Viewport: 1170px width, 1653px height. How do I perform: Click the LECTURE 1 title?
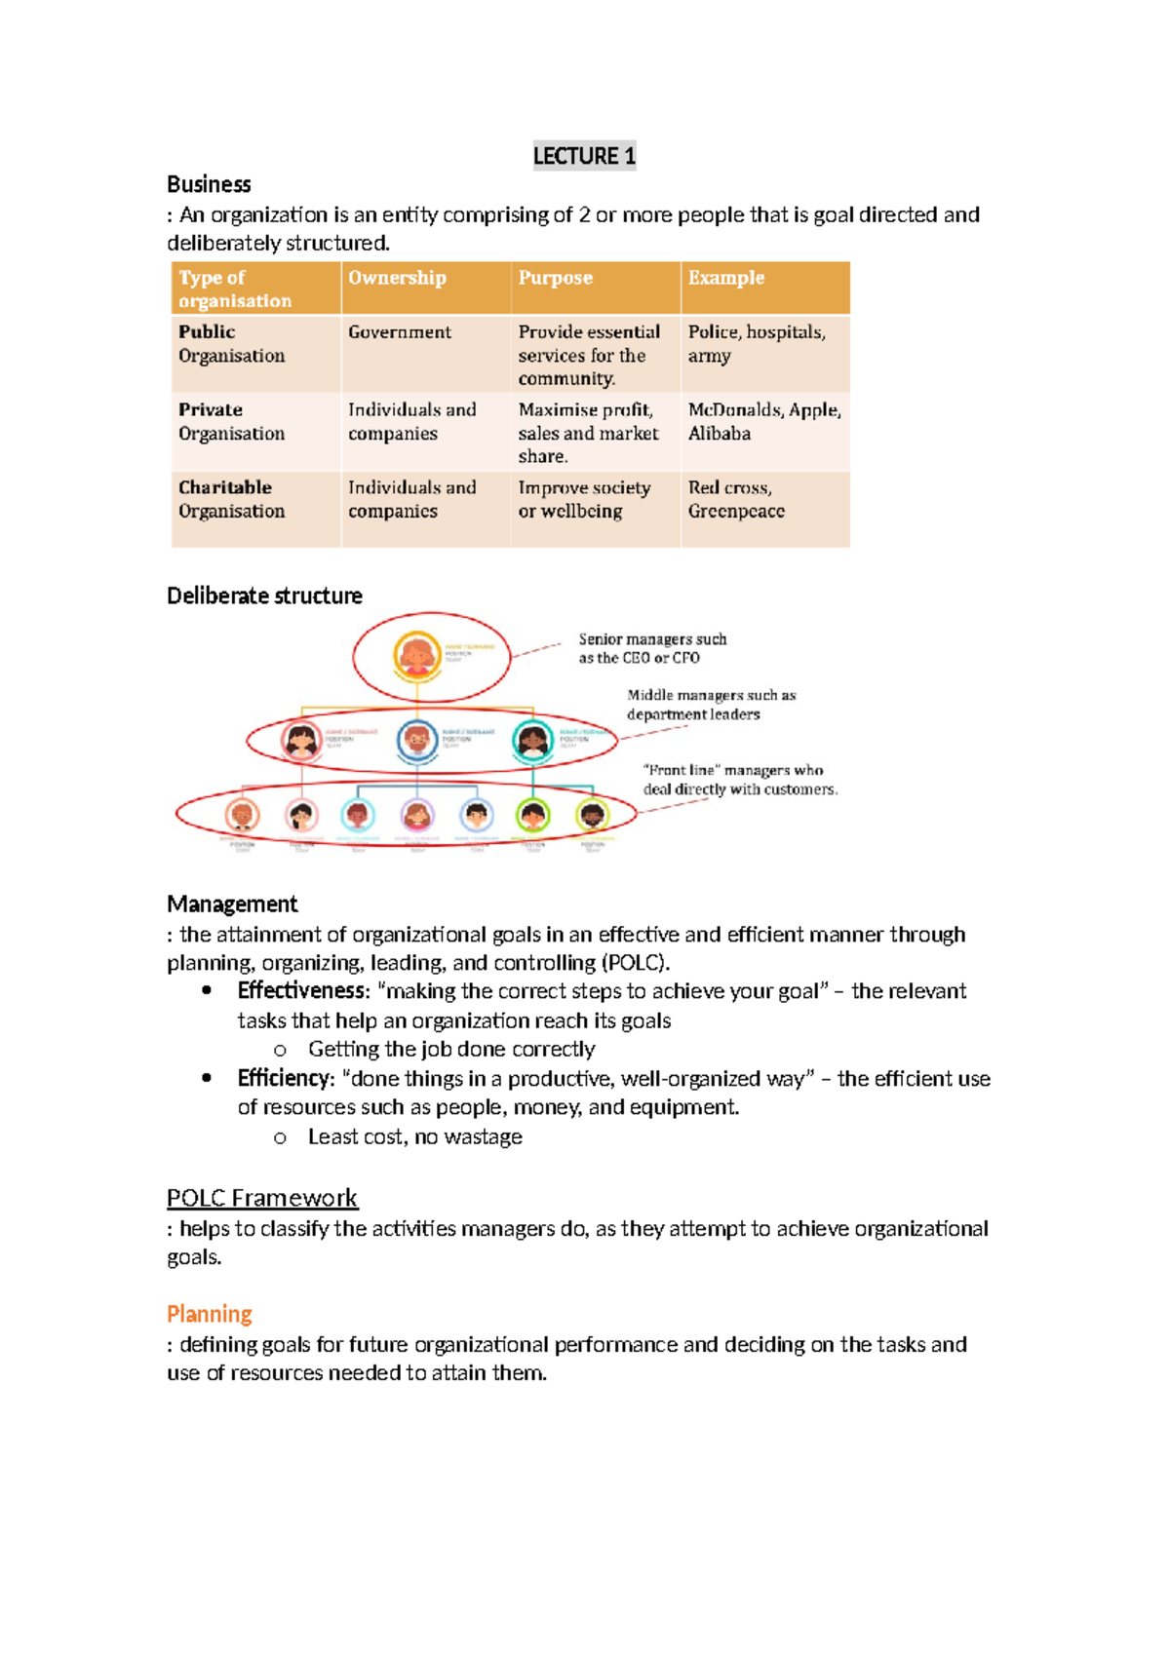(584, 156)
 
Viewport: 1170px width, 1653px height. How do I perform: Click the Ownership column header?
(397, 278)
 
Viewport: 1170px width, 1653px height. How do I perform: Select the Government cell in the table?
(400, 332)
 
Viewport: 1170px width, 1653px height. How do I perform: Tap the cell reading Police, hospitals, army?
(757, 344)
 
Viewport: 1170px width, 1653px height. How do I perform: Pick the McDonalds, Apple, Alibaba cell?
(763, 421)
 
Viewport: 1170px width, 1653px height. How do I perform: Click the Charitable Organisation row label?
(231, 499)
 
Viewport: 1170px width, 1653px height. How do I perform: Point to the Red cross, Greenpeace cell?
(736, 499)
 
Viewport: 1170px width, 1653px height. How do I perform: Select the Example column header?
(725, 278)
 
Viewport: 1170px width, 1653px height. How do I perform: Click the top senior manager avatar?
(417, 656)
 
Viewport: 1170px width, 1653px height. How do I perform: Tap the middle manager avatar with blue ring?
(417, 740)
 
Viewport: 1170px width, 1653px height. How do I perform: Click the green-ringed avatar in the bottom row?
(532, 815)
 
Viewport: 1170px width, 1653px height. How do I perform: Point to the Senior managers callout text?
(651, 648)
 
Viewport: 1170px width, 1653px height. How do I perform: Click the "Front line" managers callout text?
(739, 780)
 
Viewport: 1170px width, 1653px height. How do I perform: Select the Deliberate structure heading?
(264, 596)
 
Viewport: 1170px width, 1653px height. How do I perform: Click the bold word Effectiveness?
(302, 991)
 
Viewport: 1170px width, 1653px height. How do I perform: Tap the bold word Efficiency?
(285, 1078)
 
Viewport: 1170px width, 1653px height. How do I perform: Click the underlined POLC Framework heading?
(261, 1198)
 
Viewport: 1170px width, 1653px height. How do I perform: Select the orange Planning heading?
(209, 1314)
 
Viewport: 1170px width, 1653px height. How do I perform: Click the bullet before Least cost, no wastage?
(280, 1138)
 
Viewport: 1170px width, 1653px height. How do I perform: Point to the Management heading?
(232, 903)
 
